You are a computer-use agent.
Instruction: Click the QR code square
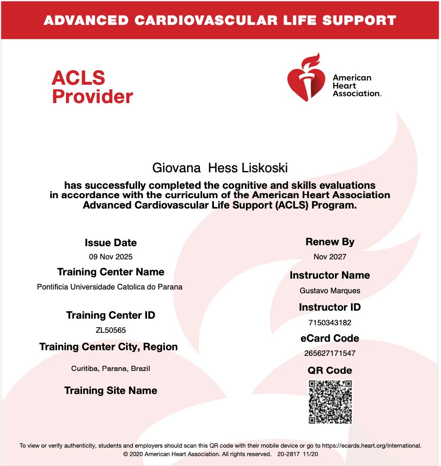pyautogui.click(x=330, y=402)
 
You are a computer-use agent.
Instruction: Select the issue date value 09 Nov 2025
pyautogui.click(x=111, y=257)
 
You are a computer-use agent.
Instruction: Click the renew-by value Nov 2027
pyautogui.click(x=330, y=257)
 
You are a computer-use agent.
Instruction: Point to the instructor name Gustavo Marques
pyautogui.click(x=330, y=291)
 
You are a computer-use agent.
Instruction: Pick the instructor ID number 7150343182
pyautogui.click(x=330, y=323)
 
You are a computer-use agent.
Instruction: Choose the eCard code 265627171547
pyautogui.click(x=330, y=354)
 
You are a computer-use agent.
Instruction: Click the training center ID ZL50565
pyautogui.click(x=111, y=330)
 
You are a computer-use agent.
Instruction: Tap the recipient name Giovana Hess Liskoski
pyautogui.click(x=220, y=168)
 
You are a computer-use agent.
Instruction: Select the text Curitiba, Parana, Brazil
pyautogui.click(x=111, y=369)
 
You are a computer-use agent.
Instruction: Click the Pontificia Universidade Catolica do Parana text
pyautogui.click(x=110, y=287)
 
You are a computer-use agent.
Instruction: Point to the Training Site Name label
pyautogui.click(x=111, y=391)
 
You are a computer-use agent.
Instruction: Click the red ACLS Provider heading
pyautogui.click(x=92, y=87)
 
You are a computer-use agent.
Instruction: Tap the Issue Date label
pyautogui.click(x=111, y=243)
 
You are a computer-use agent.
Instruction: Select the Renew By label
pyautogui.click(x=330, y=242)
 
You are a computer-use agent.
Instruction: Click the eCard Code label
pyautogui.click(x=330, y=338)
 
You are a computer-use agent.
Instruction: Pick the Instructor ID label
pyautogui.click(x=330, y=307)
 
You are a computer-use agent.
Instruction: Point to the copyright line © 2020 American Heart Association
pyautogui.click(x=197, y=454)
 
